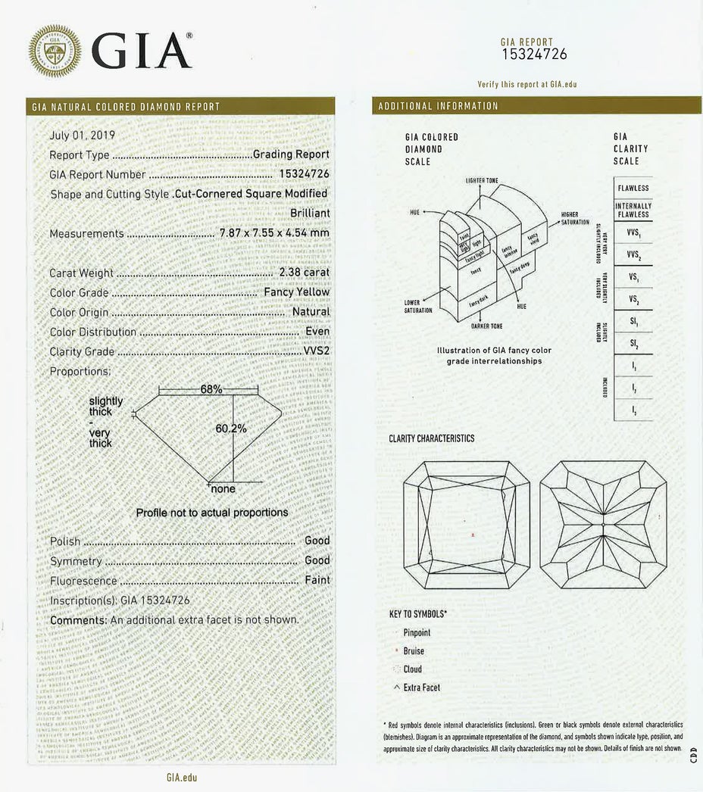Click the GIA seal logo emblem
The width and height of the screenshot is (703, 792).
tap(55, 51)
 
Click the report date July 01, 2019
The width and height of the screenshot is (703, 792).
tap(82, 136)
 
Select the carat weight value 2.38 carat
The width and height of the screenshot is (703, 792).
tap(304, 273)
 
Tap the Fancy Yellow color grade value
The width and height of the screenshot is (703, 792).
tap(296, 292)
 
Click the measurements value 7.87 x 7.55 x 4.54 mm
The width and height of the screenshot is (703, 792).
tap(273, 233)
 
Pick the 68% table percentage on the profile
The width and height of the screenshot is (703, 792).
tap(211, 389)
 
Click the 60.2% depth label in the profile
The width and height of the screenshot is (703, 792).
tap(231, 429)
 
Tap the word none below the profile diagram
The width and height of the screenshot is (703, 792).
tap(223, 489)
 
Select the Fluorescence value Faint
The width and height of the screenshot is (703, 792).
tap(317, 580)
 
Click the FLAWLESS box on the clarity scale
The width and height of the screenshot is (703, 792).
tap(633, 188)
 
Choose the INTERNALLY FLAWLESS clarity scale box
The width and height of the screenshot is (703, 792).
tap(633, 210)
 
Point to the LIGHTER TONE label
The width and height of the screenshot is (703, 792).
tap(481, 180)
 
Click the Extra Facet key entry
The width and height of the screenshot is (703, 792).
tap(421, 688)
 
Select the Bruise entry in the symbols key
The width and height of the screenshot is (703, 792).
tap(414, 651)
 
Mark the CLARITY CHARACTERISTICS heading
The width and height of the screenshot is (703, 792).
tap(432, 438)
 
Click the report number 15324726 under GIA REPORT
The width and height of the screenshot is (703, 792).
tap(534, 54)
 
